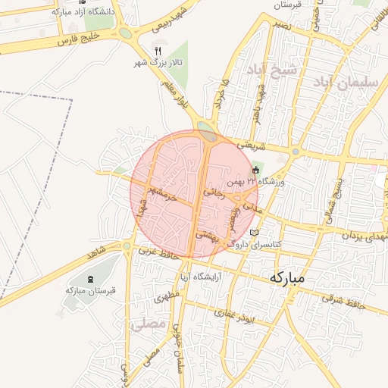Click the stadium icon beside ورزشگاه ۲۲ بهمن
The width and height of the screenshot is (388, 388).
[256, 170]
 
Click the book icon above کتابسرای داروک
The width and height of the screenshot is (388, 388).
[254, 231]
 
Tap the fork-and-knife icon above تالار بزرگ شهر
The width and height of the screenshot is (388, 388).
[158, 50]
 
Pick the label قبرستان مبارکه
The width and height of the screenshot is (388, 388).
[90, 290]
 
